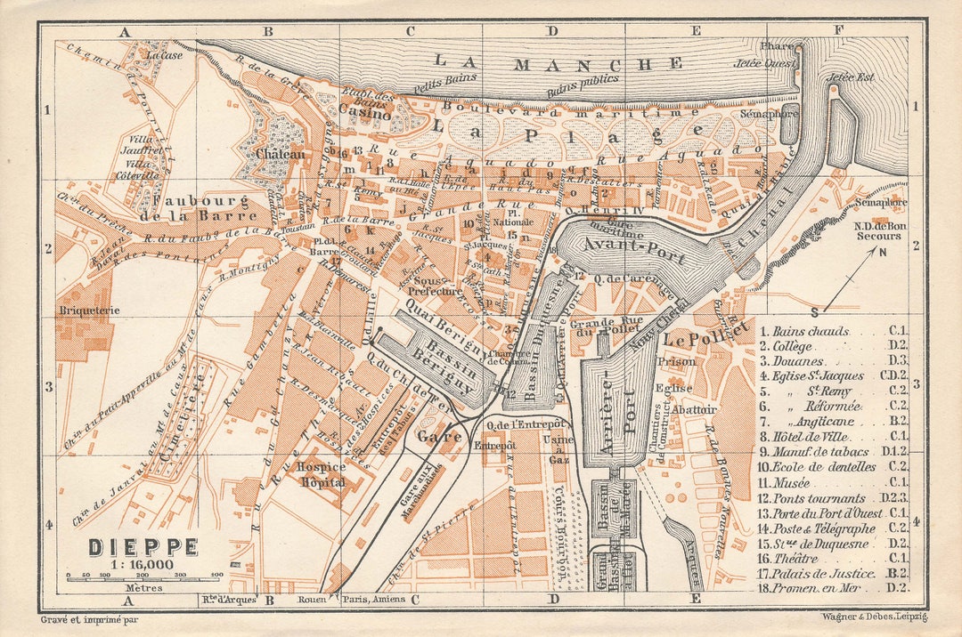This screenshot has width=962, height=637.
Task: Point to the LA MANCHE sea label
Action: point(559,63)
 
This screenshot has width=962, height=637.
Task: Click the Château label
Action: point(280,154)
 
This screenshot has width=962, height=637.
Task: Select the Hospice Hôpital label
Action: point(322,473)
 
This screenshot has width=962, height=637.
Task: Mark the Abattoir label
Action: point(698,408)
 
